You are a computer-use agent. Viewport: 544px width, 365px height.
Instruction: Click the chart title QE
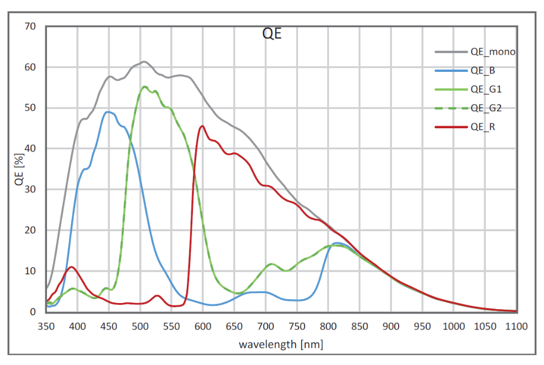click(271, 34)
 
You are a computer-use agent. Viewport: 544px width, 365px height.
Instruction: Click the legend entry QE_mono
click(493, 52)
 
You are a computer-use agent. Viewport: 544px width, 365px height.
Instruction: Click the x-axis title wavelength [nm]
click(281, 345)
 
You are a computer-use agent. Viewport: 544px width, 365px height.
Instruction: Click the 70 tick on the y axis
click(30, 26)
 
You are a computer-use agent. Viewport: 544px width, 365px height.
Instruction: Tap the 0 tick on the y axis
click(33, 312)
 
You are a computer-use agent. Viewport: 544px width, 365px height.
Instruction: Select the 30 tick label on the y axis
click(30, 189)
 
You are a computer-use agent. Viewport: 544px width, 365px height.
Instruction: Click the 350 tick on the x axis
click(46, 326)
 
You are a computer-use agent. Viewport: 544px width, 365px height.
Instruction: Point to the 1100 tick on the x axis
click(516, 326)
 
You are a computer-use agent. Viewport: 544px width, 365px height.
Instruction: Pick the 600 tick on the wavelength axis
click(203, 326)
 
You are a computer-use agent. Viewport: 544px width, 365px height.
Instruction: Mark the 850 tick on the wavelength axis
click(360, 326)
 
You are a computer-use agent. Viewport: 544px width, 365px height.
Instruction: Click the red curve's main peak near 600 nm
click(202, 126)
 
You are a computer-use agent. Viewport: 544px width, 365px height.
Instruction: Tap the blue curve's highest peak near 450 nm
click(109, 112)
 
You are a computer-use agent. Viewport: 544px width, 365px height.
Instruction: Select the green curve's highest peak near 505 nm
click(145, 86)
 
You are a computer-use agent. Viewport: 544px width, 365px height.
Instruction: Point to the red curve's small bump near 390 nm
click(71, 267)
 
